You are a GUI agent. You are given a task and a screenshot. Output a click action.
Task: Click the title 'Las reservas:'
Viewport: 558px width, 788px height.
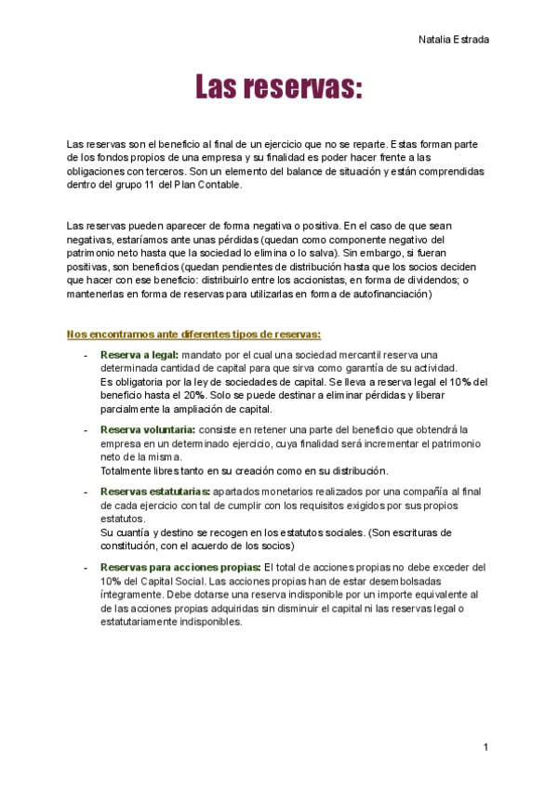click(x=277, y=88)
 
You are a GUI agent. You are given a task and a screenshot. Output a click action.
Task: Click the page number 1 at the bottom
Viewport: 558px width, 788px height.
click(x=485, y=747)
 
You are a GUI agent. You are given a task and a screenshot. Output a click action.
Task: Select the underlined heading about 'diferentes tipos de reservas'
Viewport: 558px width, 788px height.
click(x=193, y=335)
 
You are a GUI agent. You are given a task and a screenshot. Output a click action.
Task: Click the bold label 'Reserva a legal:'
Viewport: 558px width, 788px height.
click(x=139, y=355)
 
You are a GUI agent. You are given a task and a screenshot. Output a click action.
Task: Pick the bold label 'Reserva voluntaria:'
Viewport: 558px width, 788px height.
click(x=147, y=429)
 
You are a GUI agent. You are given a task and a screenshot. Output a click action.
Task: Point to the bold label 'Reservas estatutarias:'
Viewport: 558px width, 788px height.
click(x=154, y=491)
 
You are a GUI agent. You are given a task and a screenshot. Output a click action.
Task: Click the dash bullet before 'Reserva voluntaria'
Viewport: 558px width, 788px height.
click(x=86, y=429)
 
